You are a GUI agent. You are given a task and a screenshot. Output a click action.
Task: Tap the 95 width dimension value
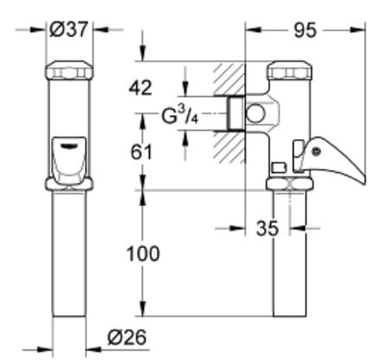coord(304,30)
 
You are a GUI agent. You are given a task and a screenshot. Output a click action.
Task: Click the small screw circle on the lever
coord(315,153)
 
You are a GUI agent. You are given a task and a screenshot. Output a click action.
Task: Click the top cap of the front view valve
coord(68,70)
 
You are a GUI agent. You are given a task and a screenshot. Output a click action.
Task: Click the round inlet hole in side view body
coord(256,112)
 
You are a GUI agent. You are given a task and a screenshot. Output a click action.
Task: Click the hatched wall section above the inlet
coord(228,78)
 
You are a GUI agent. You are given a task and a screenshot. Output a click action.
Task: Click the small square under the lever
coord(278,166)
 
